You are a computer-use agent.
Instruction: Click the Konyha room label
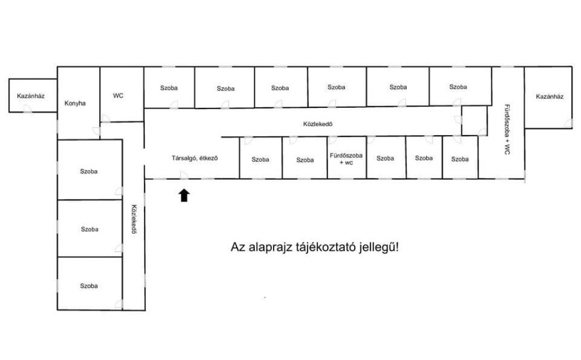coord(75,103)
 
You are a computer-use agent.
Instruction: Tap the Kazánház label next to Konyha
coord(31,96)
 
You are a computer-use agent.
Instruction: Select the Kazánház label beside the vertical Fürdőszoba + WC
coord(549,97)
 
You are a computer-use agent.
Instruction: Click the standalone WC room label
coord(118,95)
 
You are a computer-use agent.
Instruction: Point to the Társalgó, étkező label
coord(195,158)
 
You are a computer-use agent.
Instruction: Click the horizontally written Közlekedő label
coord(318,124)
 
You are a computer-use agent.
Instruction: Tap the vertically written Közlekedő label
coord(134,219)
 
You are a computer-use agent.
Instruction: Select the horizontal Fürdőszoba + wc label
coord(346,159)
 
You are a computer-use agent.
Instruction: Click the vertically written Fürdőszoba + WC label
coord(507,129)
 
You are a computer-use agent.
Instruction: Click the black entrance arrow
coord(184,195)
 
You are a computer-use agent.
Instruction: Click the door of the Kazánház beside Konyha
coord(27,108)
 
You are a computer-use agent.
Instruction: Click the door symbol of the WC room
coord(105,118)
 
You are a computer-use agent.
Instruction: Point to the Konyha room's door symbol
coord(96,131)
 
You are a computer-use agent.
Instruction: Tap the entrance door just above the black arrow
coord(184,175)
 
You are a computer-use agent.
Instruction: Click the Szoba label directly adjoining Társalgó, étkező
coord(260,160)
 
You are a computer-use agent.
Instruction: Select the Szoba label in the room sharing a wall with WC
coord(169,88)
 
